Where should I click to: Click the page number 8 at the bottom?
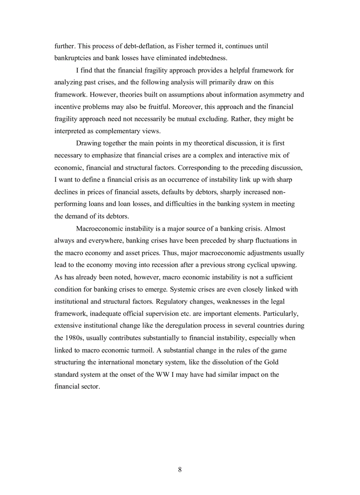tap(180, 470)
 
